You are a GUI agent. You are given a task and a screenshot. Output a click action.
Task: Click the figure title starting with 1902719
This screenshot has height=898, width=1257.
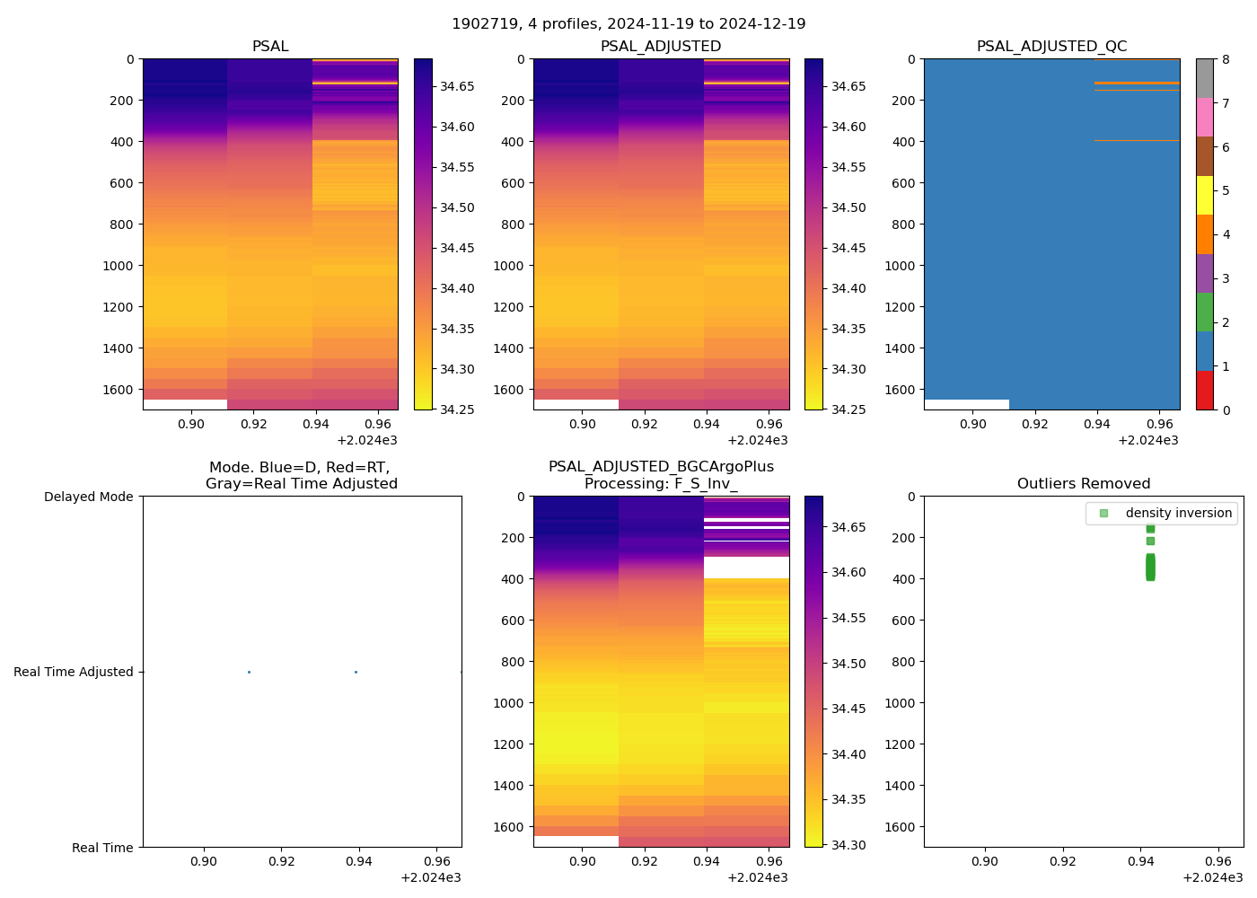click(628, 24)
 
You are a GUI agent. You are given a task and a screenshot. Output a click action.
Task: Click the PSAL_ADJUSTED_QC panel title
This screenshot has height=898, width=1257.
click(1051, 47)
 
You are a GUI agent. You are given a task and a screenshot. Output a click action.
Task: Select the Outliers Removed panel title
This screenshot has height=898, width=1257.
click(1084, 484)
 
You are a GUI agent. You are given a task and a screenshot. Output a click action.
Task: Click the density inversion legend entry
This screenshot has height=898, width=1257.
click(1178, 513)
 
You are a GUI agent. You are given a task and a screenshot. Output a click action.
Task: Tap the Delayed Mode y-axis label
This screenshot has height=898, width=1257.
click(88, 497)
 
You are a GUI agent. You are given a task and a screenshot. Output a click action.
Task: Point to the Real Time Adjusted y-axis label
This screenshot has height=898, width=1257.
click(74, 672)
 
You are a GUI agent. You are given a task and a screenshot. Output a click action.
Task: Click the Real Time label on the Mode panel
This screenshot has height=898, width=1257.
click(102, 848)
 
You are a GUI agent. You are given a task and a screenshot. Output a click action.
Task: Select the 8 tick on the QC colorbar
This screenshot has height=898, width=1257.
click(1226, 59)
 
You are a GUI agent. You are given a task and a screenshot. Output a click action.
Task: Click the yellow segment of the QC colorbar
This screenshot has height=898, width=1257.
click(1205, 195)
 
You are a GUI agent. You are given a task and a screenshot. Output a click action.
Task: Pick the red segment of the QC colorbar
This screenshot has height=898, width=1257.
click(1205, 391)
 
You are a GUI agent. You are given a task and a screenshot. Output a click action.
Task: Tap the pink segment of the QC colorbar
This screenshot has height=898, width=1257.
click(1205, 117)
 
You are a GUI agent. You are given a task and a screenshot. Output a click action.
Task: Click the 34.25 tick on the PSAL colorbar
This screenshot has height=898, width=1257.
click(453, 409)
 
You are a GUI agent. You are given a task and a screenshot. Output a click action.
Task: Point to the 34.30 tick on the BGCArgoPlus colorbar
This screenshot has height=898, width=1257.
click(844, 845)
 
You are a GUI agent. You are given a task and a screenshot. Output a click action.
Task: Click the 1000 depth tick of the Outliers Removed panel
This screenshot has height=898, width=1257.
click(901, 703)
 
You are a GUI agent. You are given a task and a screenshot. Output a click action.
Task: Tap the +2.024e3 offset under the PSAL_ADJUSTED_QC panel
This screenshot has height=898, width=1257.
click(1147, 440)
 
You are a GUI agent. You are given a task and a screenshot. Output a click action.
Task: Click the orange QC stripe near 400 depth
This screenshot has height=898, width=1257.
click(1137, 141)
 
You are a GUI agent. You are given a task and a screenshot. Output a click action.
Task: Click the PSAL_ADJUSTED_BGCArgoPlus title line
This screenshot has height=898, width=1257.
click(661, 467)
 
